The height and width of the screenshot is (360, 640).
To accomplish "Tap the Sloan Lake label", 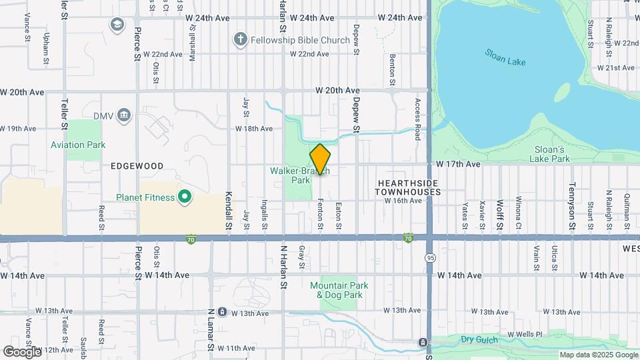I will [505, 57].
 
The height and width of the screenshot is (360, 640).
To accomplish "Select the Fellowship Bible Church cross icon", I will [240, 40].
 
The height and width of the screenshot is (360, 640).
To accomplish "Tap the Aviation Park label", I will [78, 145].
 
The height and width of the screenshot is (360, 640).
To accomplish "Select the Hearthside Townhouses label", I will [408, 187].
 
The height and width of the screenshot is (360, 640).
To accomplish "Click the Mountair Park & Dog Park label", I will [340, 290].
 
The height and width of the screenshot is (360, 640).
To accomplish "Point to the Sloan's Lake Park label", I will [550, 154].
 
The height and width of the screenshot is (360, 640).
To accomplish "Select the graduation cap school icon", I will [117, 25].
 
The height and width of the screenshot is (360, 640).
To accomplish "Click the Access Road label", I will [418, 119].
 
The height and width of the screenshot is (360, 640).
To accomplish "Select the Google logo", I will [21, 351].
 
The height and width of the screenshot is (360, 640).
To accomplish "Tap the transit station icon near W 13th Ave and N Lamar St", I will [222, 311].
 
